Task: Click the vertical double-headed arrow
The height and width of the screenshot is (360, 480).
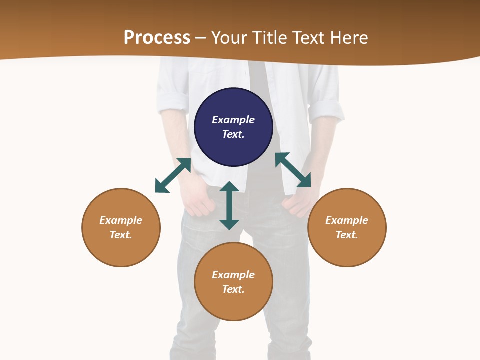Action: click(x=229, y=205)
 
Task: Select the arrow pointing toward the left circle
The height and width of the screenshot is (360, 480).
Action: click(x=173, y=175)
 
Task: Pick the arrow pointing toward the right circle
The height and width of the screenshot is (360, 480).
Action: click(x=293, y=170)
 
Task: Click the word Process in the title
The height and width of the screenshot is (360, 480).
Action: click(x=157, y=37)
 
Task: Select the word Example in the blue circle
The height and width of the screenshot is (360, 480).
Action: click(x=233, y=120)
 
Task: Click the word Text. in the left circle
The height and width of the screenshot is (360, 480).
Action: click(x=121, y=235)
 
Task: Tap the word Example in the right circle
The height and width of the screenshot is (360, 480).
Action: click(x=347, y=220)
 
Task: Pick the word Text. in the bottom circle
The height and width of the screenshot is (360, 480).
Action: click(x=233, y=289)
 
